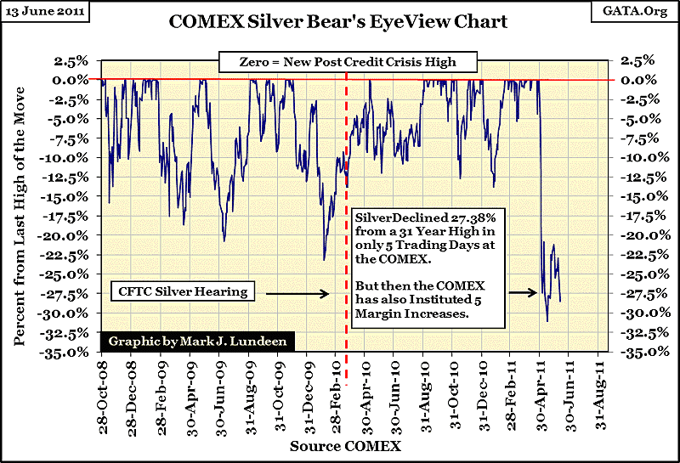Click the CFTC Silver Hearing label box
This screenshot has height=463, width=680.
pos(181,292)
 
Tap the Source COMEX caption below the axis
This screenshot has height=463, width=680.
pos(344,445)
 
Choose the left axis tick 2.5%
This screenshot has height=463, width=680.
pos(78,60)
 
